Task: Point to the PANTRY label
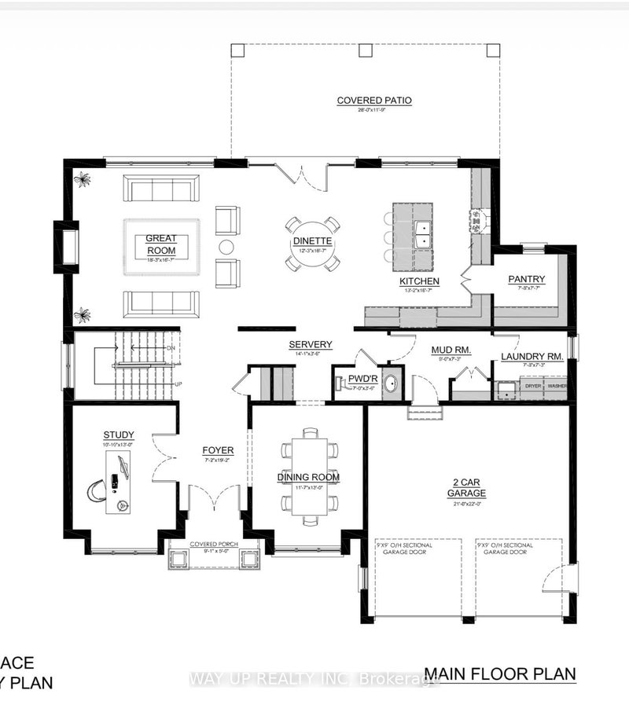pyautogui.click(x=526, y=279)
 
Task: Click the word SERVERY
pyautogui.click(x=311, y=344)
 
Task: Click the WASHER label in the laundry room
pyautogui.click(x=557, y=386)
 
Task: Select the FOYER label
pyautogui.click(x=212, y=450)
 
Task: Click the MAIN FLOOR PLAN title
pyautogui.click(x=500, y=674)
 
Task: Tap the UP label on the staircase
pyautogui.click(x=178, y=384)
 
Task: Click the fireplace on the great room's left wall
pyautogui.click(x=67, y=246)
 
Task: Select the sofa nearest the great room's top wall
pyautogui.click(x=161, y=189)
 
